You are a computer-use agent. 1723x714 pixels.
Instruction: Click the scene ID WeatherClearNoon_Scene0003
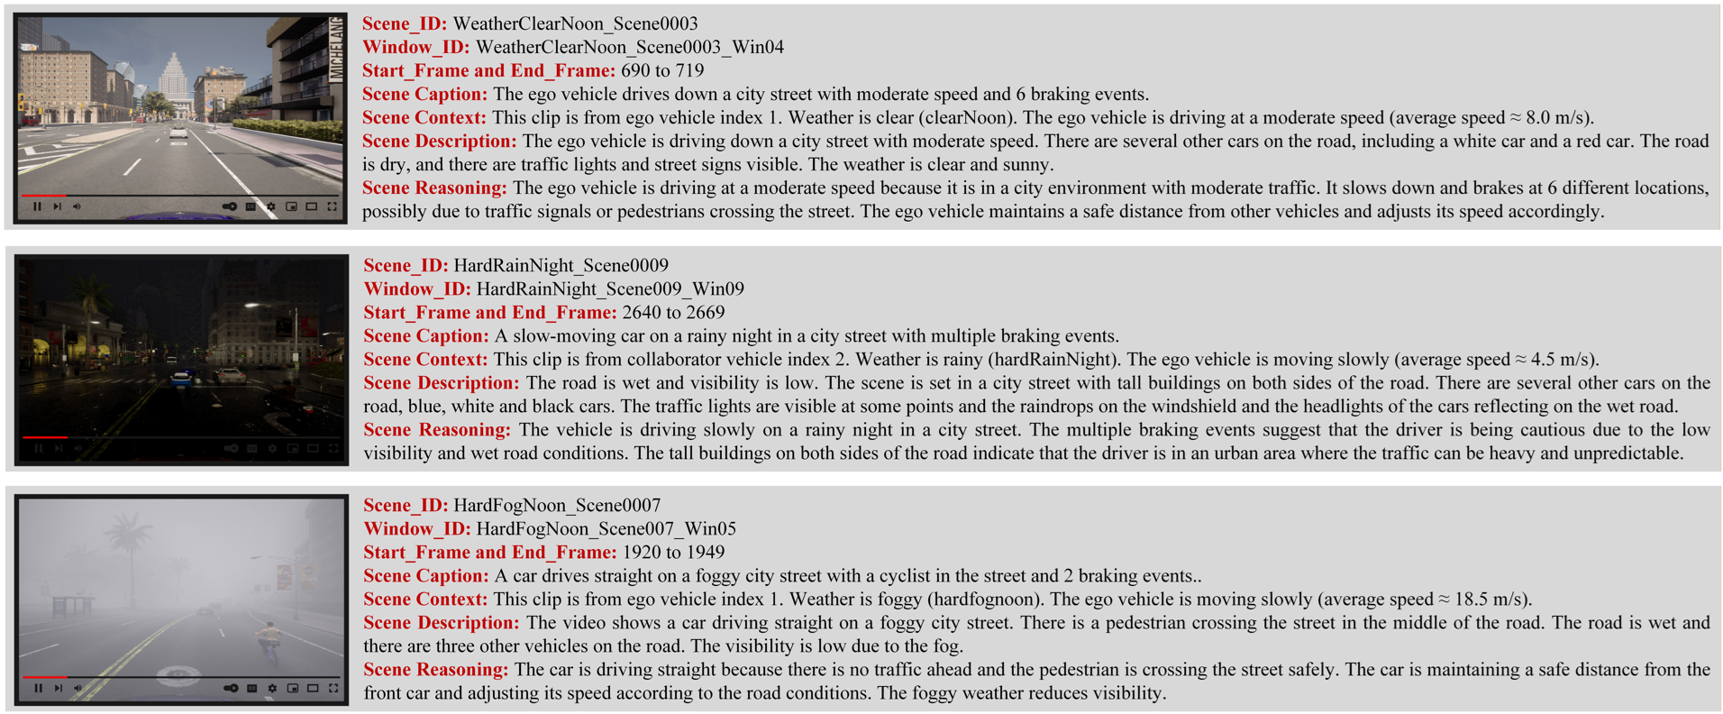point(575,24)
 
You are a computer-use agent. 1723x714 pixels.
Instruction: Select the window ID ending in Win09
point(610,289)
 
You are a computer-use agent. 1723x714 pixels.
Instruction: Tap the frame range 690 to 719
point(662,71)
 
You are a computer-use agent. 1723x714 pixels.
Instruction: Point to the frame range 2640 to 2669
point(673,313)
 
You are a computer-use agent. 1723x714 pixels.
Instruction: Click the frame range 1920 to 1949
point(673,553)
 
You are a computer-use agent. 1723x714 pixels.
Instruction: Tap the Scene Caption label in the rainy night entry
point(425,336)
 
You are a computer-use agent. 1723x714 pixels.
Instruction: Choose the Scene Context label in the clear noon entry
point(424,118)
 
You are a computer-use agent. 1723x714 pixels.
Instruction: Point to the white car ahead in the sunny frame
point(179,133)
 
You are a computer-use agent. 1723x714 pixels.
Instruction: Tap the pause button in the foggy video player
point(38,688)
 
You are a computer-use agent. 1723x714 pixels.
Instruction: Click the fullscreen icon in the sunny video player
point(333,206)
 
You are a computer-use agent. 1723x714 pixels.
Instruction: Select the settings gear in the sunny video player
point(271,206)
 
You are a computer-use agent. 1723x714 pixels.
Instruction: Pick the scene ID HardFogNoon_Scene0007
point(557,506)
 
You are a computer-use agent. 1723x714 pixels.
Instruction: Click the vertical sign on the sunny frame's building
point(336,50)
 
